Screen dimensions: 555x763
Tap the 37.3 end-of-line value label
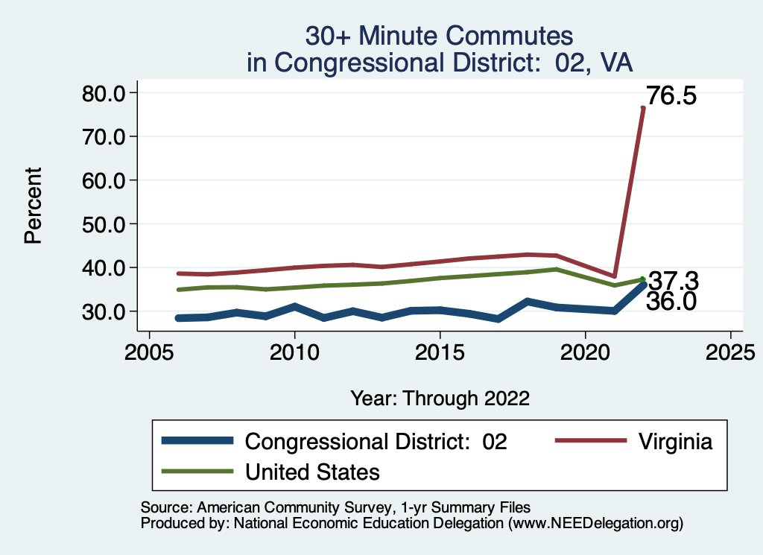point(673,281)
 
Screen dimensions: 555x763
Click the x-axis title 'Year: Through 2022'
point(440,398)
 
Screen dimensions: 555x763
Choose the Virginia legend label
point(675,442)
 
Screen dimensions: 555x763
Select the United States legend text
point(313,472)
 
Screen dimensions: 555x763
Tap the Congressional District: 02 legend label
point(376,442)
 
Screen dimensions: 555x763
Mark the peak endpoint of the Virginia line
point(643,108)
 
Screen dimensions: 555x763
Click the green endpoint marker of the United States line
point(643,279)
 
